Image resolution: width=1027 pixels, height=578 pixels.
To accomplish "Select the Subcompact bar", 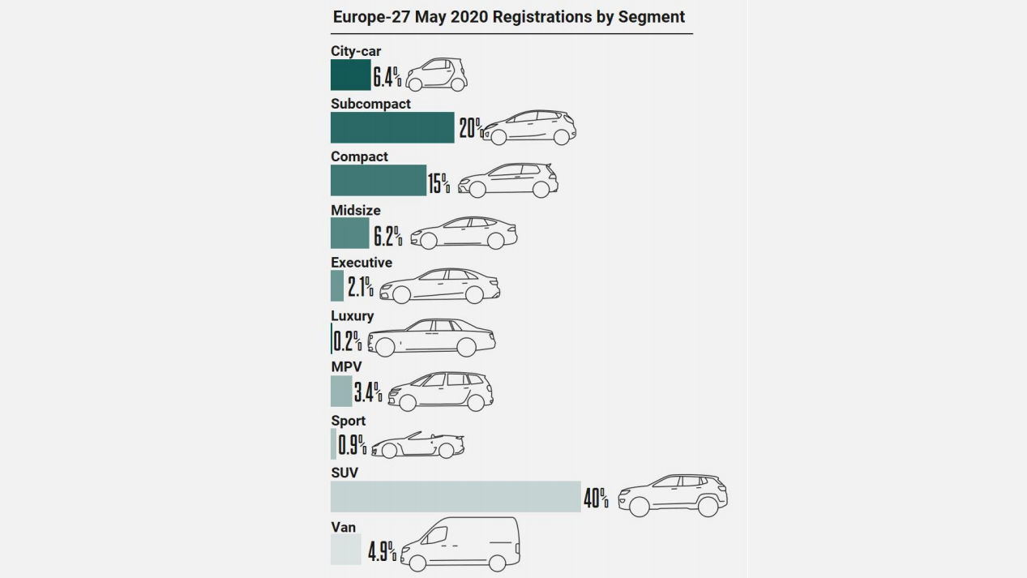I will tap(392, 127).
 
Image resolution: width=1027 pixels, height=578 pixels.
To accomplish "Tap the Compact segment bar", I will tap(378, 180).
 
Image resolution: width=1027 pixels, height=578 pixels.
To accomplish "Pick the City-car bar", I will tap(350, 75).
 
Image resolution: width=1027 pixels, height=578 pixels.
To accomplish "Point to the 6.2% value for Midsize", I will tap(387, 236).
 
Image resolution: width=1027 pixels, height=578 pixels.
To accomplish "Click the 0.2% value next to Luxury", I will tap(347, 339).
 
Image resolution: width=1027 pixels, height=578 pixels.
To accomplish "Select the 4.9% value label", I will tap(382, 552).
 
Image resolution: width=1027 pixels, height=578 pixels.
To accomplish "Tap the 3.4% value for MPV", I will tap(368, 393).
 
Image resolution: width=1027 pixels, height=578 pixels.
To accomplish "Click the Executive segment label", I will tap(362, 263).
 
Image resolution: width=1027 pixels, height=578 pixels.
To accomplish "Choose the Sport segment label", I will tap(348, 421).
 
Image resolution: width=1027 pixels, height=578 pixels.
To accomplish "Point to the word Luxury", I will tap(352, 316).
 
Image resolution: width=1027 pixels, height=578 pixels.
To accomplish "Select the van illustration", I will tap(460, 543).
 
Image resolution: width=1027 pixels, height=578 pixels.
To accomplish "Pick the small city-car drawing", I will tap(437, 75).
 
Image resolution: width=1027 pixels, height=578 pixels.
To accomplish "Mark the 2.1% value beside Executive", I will tap(360, 287).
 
